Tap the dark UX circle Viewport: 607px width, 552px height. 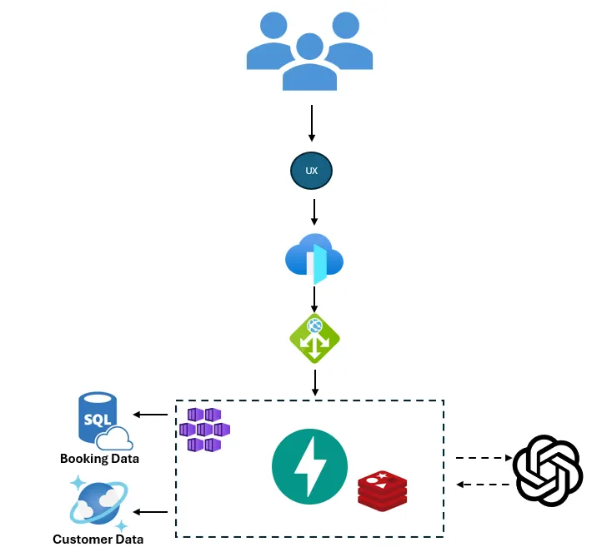coord(311,171)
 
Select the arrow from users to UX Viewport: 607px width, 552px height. coord(312,122)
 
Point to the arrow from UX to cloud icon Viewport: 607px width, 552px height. coord(314,211)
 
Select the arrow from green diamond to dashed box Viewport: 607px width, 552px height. coord(315,382)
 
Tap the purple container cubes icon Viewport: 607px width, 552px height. coord(204,430)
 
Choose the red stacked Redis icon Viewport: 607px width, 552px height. coord(382,490)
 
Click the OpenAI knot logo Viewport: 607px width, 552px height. coord(547,471)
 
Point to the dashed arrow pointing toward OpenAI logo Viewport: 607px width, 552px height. coord(483,458)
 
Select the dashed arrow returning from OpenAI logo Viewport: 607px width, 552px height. coord(483,485)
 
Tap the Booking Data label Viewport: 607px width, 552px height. coord(99,459)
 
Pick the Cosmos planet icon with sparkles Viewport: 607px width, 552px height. coord(99,503)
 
